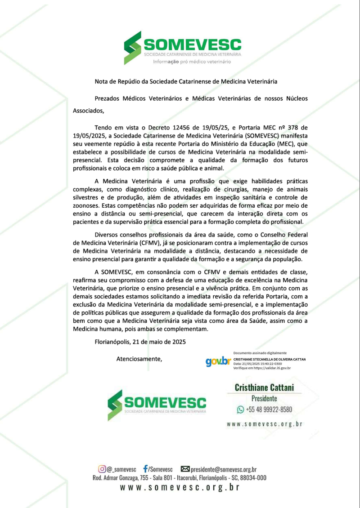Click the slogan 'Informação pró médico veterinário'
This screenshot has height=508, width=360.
pyautogui.click(x=186, y=61)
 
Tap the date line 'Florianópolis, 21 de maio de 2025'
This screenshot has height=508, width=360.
pyautogui.click(x=140, y=342)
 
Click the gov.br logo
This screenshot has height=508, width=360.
pyautogui.click(x=218, y=361)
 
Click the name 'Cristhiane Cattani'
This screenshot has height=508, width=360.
pyautogui.click(x=265, y=388)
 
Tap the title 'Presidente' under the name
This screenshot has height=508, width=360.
pyautogui.click(x=264, y=398)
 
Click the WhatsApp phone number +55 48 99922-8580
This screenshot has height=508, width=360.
pyautogui.click(x=269, y=409)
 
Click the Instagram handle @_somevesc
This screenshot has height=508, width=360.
pyautogui.click(x=121, y=469)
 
